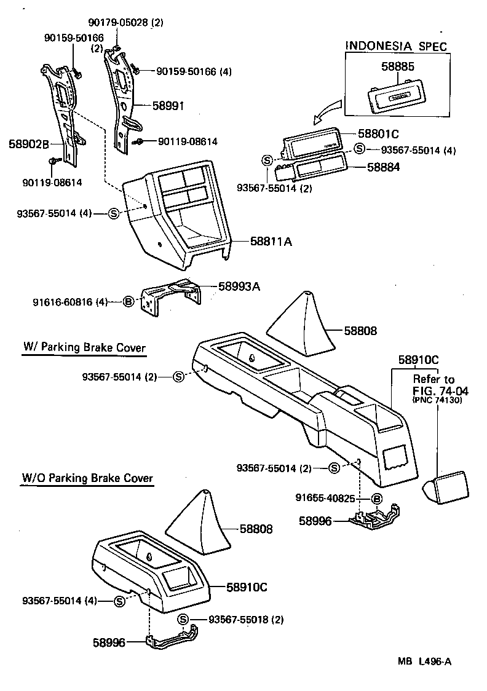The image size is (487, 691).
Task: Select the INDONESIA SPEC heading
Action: tap(395, 45)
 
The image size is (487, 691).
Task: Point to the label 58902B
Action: tap(29, 144)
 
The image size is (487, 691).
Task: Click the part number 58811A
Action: tap(271, 242)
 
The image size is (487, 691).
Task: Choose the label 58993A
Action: tap(240, 286)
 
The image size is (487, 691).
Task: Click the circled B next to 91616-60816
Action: tap(129, 301)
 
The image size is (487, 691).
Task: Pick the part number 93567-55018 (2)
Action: tap(246, 619)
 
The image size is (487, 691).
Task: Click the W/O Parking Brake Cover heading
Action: tap(87, 478)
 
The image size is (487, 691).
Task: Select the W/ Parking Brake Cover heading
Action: tap(84, 348)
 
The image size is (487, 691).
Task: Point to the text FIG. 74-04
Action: tap(437, 390)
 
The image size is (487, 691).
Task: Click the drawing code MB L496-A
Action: tap(424, 661)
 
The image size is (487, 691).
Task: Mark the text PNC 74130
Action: tap(437, 401)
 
